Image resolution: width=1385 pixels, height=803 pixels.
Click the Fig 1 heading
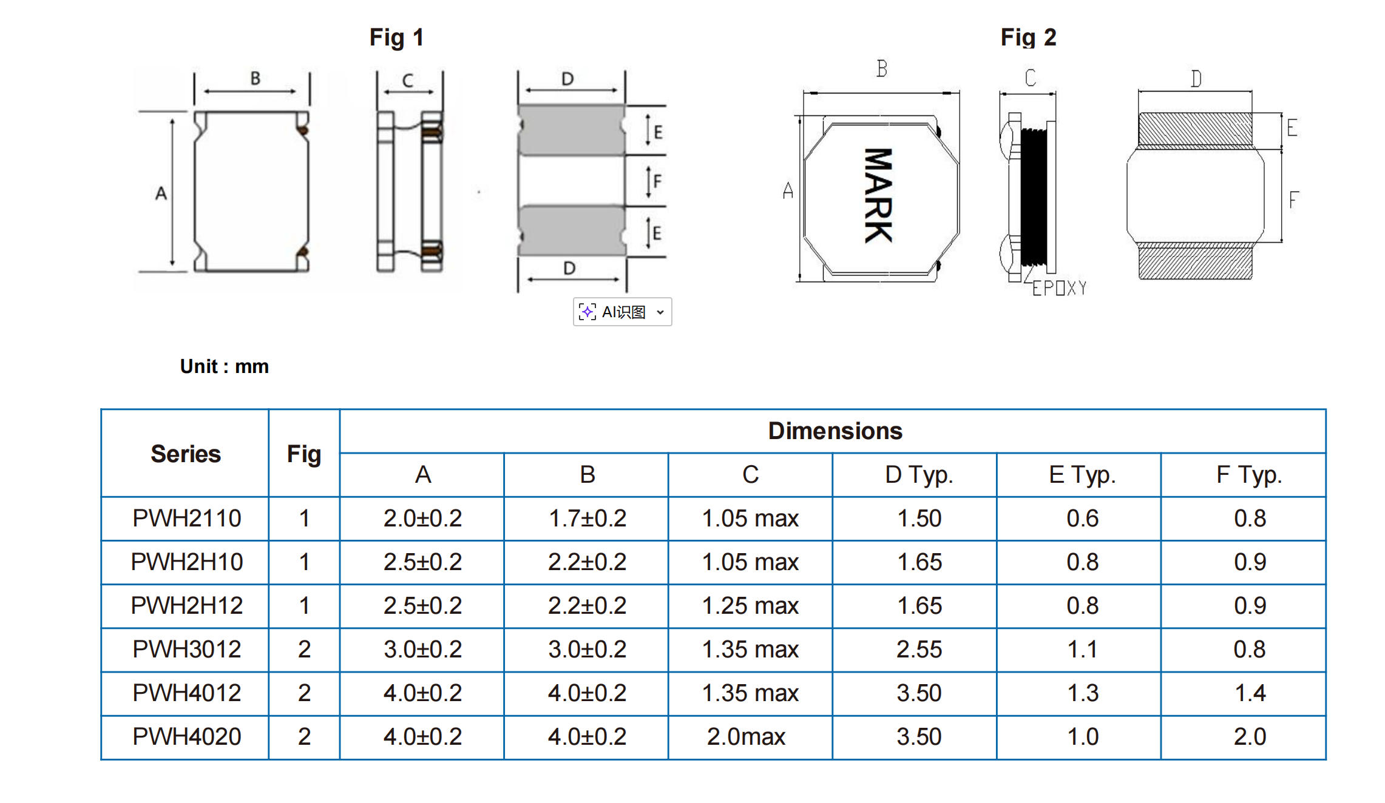pos(396,38)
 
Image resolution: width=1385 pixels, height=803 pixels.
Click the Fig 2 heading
pos(1028,38)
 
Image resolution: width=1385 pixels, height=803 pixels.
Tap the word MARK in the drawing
pos(878,195)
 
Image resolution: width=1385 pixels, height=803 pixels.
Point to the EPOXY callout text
pos(1059,288)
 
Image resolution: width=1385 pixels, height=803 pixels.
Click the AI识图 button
pos(622,312)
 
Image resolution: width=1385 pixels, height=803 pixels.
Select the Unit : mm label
pos(224,366)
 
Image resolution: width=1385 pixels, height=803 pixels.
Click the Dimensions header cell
pos(835,431)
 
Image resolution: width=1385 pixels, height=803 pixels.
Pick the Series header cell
pos(185,454)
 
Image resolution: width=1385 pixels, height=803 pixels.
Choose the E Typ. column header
pos(1082,475)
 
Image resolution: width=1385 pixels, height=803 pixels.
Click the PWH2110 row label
pos(186,519)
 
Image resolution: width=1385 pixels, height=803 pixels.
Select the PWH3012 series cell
pos(186,650)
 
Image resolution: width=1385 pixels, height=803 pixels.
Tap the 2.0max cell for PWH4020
pos(746,737)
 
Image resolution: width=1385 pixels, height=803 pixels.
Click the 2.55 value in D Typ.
pos(919,650)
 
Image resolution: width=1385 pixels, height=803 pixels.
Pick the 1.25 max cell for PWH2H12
pos(750,606)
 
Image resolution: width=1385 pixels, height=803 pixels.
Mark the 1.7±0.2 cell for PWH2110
pos(587,519)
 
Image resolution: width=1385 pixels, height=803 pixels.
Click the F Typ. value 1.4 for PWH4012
pos(1250,693)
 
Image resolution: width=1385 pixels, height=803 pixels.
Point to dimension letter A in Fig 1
pos(161,193)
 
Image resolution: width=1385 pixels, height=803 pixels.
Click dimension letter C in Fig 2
pos(1030,78)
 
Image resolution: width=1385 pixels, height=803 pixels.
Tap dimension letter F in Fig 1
pos(657,181)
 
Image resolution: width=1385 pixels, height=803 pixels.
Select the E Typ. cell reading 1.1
pos(1082,650)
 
